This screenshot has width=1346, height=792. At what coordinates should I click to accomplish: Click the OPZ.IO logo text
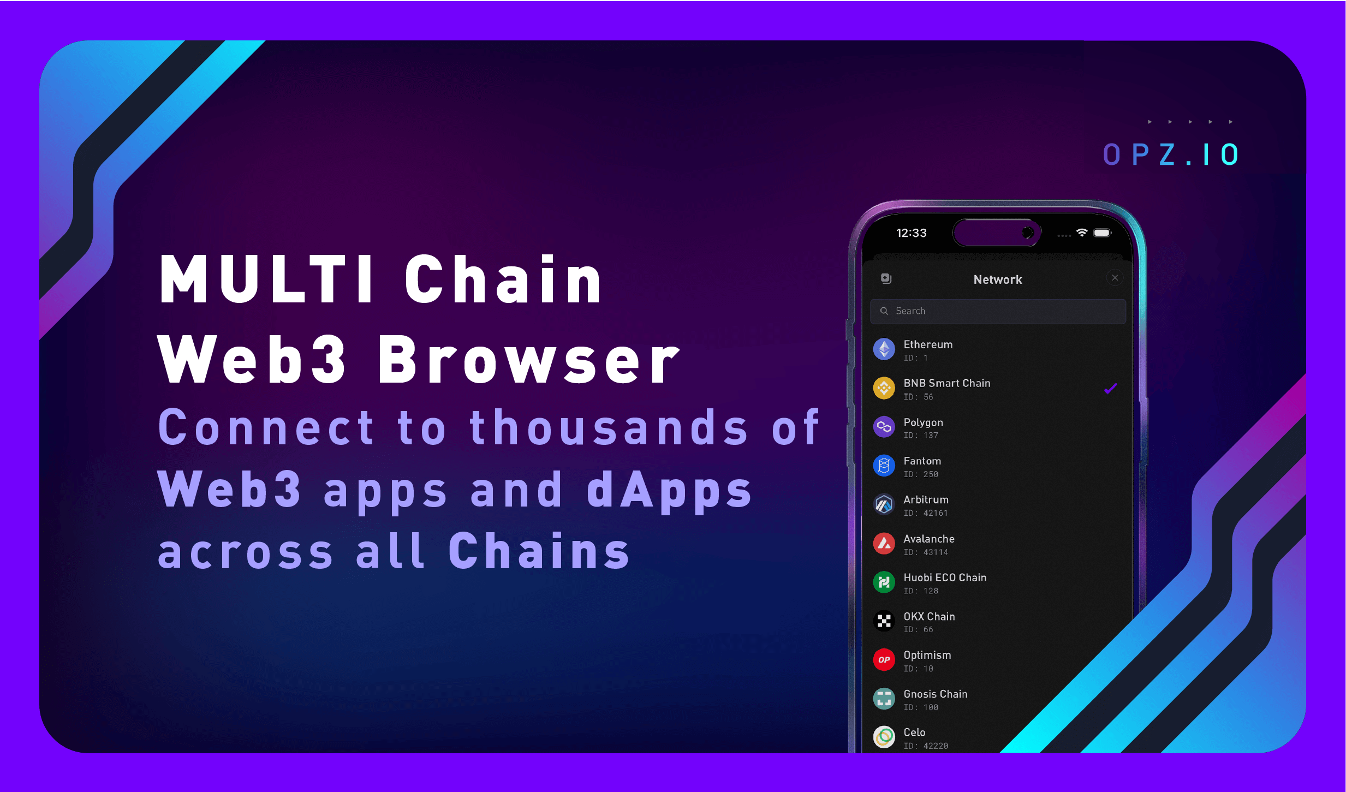(x=1170, y=154)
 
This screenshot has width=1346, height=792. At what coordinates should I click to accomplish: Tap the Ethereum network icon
(x=884, y=349)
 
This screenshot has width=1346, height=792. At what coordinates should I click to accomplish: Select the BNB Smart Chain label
(x=946, y=383)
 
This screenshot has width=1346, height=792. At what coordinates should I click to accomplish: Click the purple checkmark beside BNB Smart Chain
(x=1110, y=389)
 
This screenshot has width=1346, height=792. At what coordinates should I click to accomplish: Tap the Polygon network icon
(x=884, y=427)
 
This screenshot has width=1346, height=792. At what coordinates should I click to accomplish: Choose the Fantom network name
(x=922, y=461)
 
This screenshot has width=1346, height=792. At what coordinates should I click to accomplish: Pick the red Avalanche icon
(x=884, y=544)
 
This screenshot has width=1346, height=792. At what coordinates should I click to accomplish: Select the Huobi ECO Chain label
(x=945, y=577)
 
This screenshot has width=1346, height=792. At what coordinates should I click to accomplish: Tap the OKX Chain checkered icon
(x=884, y=621)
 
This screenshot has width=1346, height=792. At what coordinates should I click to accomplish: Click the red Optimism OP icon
(x=884, y=660)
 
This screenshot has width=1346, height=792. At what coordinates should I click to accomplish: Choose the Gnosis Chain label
(x=935, y=694)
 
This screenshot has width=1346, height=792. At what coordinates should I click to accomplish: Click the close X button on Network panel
(x=1115, y=278)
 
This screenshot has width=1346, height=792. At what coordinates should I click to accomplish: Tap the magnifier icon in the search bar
(x=884, y=311)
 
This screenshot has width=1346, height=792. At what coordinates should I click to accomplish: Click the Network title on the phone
(x=997, y=279)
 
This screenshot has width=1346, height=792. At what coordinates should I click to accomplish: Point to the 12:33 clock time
(x=911, y=233)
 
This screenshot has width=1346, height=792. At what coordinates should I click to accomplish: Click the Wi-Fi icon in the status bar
(x=1081, y=233)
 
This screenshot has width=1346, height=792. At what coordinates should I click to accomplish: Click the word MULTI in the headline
(x=266, y=279)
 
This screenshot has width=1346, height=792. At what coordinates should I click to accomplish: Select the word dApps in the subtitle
(x=669, y=490)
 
